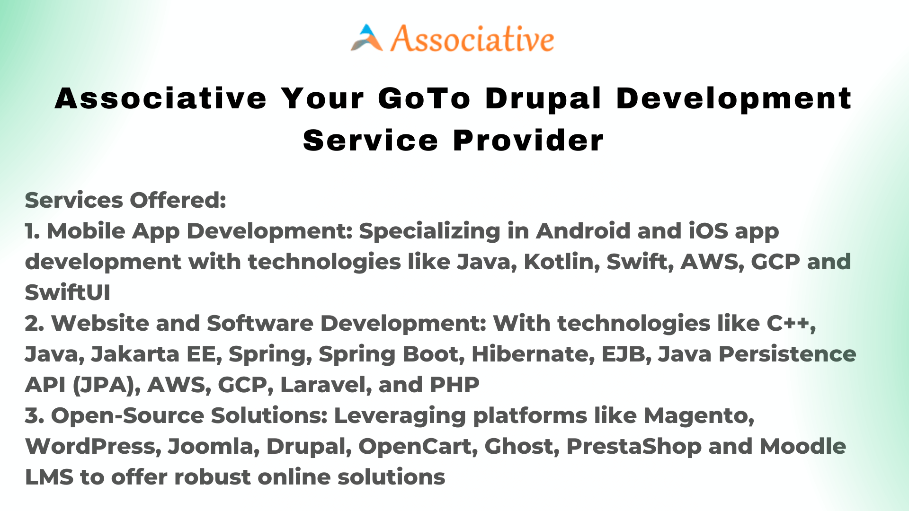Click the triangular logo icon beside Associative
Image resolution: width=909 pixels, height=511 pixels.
click(367, 37)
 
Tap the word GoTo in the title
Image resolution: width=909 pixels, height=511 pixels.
click(424, 98)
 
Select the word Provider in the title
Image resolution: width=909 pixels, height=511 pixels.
click(528, 141)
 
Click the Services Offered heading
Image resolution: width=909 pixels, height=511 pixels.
click(125, 200)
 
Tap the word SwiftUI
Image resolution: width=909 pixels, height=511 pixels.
click(68, 292)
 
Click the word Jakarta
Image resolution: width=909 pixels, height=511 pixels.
click(135, 354)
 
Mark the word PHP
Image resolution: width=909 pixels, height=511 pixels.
click(454, 385)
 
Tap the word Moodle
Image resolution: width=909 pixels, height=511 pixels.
click(803, 446)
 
